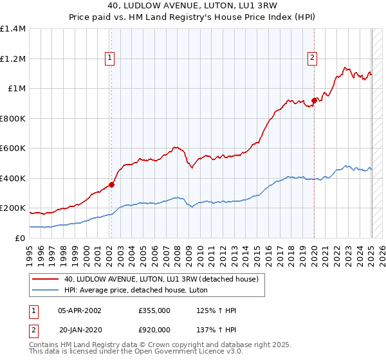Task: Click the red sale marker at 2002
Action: pyautogui.click(x=111, y=184)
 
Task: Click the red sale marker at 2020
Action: pyautogui.click(x=314, y=100)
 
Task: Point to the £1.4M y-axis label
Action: pyautogui.click(x=13, y=29)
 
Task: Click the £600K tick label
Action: pyautogui.click(x=13, y=148)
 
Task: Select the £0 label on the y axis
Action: pyautogui.click(x=20, y=238)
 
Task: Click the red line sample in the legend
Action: pyautogui.click(x=45, y=279)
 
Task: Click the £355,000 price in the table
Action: pyautogui.click(x=154, y=310)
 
